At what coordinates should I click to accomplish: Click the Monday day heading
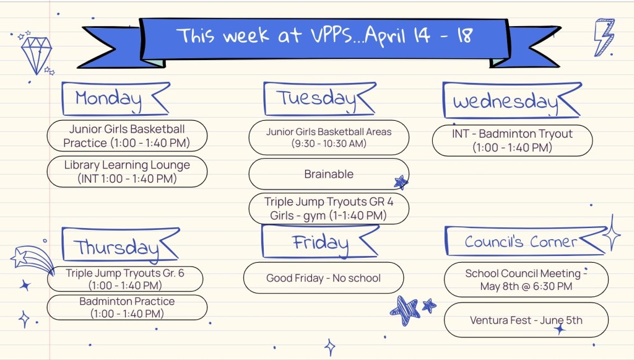point(108,99)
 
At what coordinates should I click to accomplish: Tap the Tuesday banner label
point(316,99)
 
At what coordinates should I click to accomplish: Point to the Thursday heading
point(116,247)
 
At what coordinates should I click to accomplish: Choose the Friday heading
point(320,243)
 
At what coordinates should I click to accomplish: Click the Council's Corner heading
point(521,242)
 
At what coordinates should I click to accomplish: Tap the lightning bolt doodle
point(604,37)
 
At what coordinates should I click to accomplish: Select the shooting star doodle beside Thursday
point(32,259)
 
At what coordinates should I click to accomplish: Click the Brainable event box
point(329,174)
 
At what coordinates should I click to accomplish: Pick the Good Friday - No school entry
point(323,278)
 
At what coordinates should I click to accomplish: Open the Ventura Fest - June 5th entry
point(526,320)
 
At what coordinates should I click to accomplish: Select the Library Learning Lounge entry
point(127,172)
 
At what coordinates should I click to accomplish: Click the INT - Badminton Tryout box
point(512,141)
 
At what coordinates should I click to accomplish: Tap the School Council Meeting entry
point(526,279)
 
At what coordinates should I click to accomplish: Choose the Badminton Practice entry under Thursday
point(127,307)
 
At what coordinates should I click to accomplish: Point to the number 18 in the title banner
point(465,35)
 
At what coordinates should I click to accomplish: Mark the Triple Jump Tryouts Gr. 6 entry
point(125,279)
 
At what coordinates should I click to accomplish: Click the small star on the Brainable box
point(401,182)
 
